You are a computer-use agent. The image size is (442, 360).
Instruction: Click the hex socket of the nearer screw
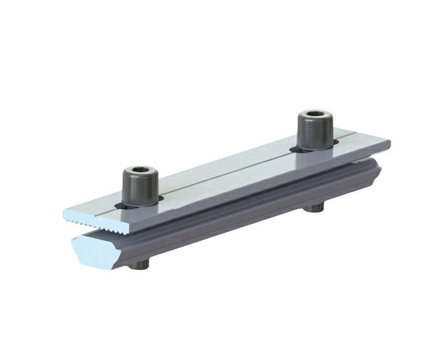(x=139, y=170)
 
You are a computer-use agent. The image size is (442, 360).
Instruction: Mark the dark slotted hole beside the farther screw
(x=334, y=145)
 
